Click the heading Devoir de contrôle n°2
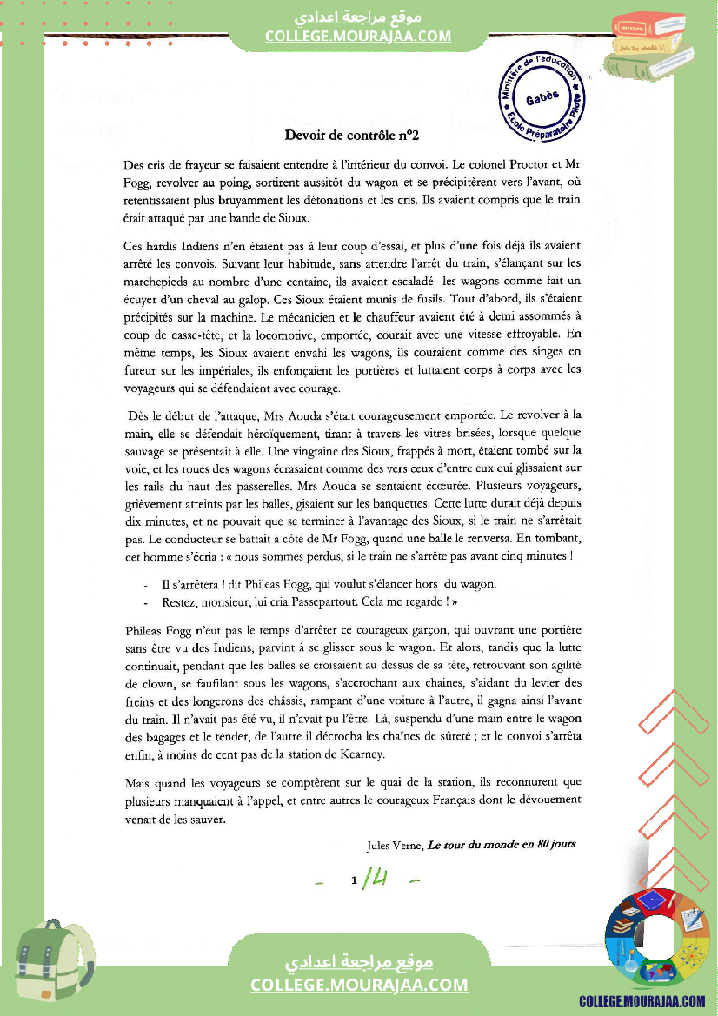pyautogui.click(x=352, y=135)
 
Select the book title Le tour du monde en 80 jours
pyautogui.click(x=502, y=844)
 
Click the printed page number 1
pyautogui.click(x=355, y=881)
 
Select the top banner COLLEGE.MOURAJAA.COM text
pyautogui.click(x=358, y=36)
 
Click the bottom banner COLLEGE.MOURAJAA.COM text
pyautogui.click(x=359, y=985)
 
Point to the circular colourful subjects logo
pyautogui.click(x=657, y=939)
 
